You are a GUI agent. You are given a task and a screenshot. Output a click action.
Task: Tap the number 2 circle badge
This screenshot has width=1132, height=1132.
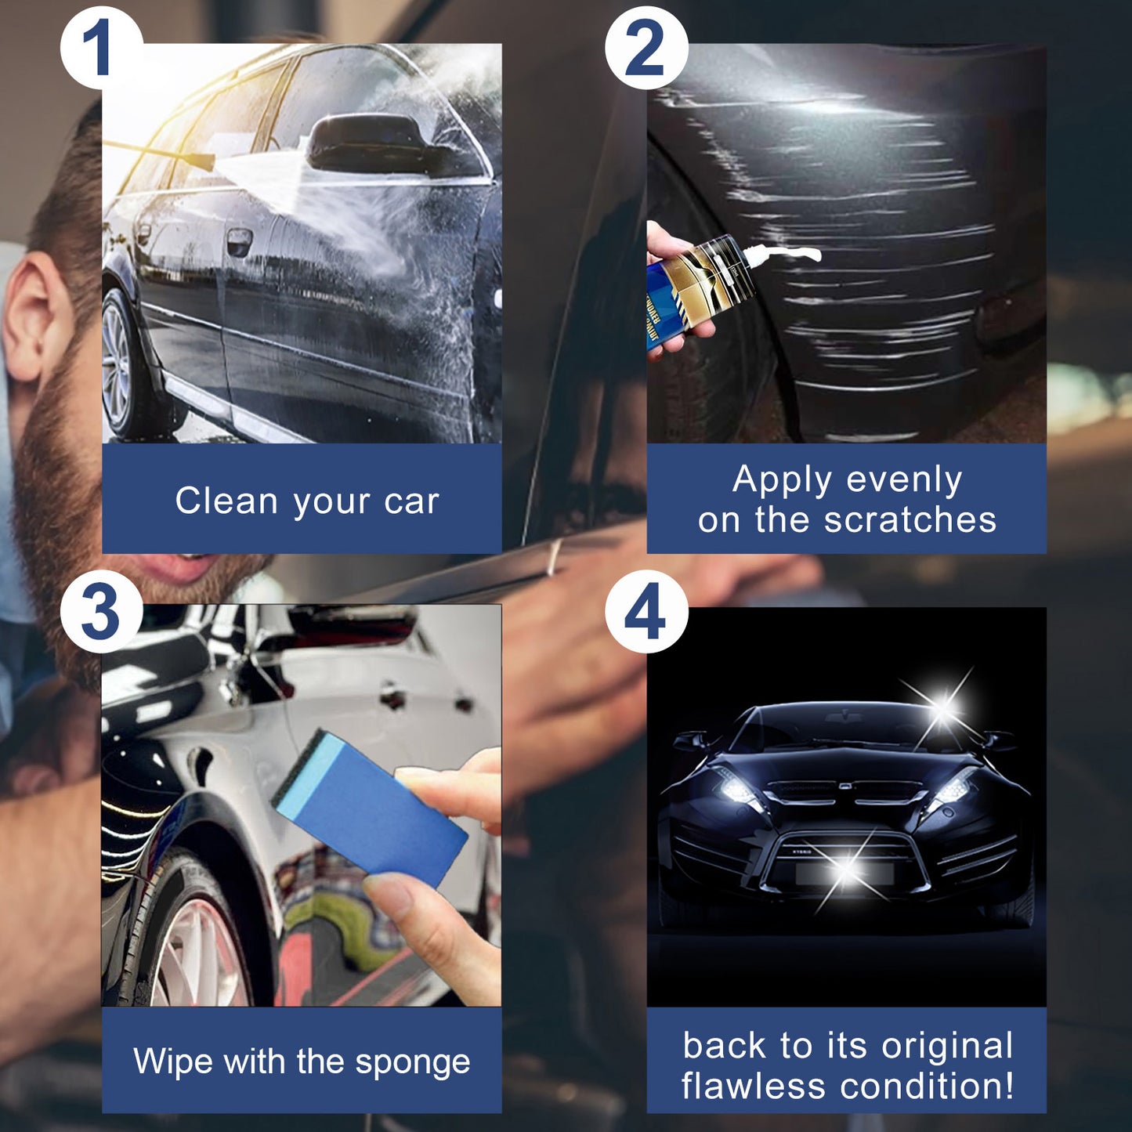coord(646,49)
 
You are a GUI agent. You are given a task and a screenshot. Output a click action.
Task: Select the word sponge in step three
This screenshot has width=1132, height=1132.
coord(412,1063)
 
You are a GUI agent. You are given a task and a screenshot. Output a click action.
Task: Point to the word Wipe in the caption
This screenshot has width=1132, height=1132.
coord(174,1061)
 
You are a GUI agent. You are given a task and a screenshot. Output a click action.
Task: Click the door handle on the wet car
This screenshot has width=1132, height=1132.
coord(238,241)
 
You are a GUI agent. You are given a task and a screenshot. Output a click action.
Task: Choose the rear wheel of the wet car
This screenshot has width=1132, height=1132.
coord(117,365)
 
